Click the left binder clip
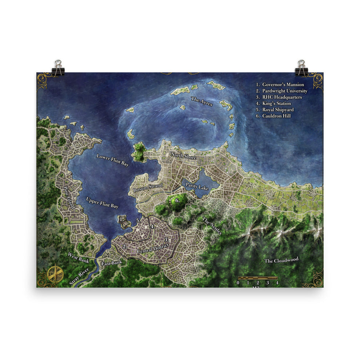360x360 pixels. coord(58,68)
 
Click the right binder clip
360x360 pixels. coord(301,68)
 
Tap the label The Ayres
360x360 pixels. coord(201,101)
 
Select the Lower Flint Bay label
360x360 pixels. coord(113,160)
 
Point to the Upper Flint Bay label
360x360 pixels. coord(102,203)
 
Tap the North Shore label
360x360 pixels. coord(184,156)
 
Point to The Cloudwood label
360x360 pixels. coord(281,260)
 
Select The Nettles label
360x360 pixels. coord(212,226)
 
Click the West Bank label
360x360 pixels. coord(79,257)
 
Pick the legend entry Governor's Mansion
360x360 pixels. coord(283,85)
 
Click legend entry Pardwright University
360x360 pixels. coord(285,91)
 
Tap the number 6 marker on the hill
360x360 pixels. coord(177,200)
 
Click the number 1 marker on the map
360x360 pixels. coord(121,219)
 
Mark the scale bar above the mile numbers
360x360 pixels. coord(257,278)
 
